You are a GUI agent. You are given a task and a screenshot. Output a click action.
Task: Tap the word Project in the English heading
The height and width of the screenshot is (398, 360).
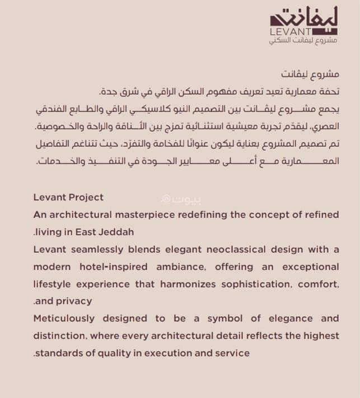coord(85,197)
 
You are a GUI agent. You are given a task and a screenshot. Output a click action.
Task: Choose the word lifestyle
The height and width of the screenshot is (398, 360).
coord(54,284)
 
